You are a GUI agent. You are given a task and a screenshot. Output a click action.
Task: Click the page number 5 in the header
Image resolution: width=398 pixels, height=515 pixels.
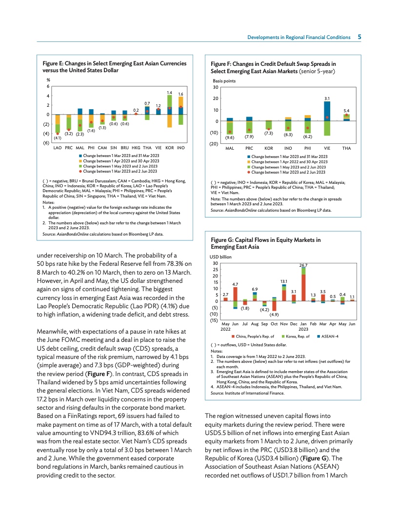pyautogui.click(x=359, y=37)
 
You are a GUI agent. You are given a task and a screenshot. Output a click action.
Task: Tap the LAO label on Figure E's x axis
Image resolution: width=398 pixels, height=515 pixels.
pyautogui.click(x=57, y=147)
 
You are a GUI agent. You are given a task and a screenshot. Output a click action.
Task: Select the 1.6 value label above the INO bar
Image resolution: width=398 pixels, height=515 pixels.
pyautogui.click(x=180, y=94)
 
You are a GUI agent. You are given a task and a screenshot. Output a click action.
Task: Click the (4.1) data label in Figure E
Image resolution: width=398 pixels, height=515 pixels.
pyautogui.click(x=57, y=139)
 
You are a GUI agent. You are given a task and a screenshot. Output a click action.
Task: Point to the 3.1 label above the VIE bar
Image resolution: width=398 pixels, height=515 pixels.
pyautogui.click(x=327, y=98)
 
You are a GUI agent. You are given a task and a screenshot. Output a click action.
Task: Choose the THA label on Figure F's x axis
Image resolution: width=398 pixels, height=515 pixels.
pyautogui.click(x=346, y=148)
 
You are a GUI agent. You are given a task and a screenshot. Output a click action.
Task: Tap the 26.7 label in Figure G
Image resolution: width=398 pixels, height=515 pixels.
pyautogui.click(x=303, y=265)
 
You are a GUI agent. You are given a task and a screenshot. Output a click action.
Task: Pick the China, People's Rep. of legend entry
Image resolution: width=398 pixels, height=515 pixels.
pyautogui.click(x=253, y=337)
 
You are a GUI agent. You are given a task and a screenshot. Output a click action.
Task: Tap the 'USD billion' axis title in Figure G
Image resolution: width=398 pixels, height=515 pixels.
pyautogui.click(x=221, y=256)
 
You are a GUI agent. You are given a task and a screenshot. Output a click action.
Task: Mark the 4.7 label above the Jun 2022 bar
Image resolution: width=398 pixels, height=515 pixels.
pyautogui.click(x=235, y=284)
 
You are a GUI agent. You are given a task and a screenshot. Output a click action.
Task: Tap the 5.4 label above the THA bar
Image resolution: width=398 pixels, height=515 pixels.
pyautogui.click(x=346, y=111)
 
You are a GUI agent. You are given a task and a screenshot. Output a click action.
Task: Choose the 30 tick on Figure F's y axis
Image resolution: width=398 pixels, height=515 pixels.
pyautogui.click(x=215, y=88)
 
